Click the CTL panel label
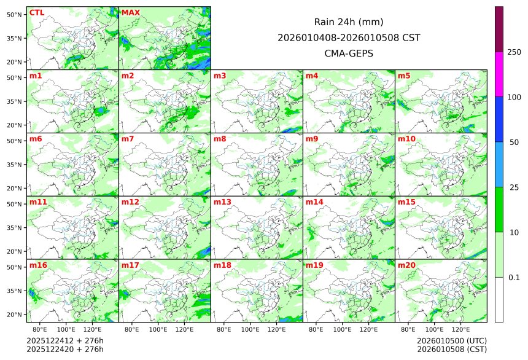click(x=36, y=12)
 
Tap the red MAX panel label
click(x=130, y=12)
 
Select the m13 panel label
click(x=222, y=202)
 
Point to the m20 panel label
click(x=406, y=265)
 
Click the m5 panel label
click(x=404, y=76)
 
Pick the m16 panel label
click(x=38, y=265)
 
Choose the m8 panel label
click(x=220, y=139)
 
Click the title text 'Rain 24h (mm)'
click(x=349, y=22)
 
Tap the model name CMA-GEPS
click(x=349, y=53)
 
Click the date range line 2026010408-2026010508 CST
click(x=349, y=37)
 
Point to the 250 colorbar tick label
click(x=514, y=52)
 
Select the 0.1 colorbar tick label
click(x=514, y=277)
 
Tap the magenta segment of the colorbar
click(x=499, y=74)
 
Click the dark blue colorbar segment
click(x=499, y=119)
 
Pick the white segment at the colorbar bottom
click(x=499, y=299)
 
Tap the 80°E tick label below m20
click(x=408, y=329)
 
